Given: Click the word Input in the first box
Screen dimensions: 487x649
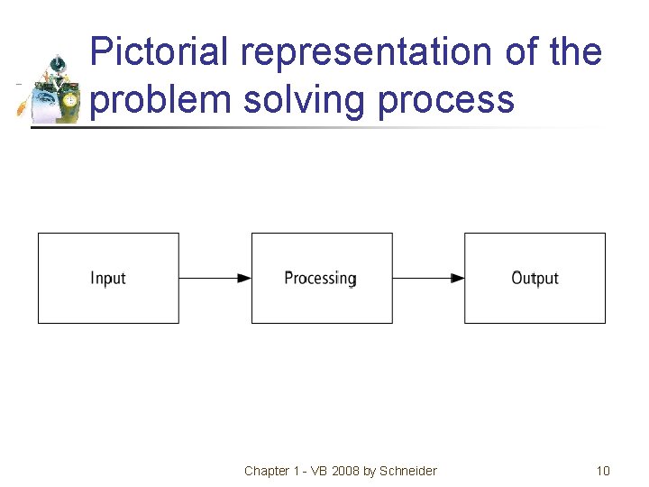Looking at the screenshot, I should (x=108, y=279).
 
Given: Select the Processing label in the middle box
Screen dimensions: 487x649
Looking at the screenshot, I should (x=320, y=279).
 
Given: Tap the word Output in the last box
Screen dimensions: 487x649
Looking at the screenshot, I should (x=535, y=279).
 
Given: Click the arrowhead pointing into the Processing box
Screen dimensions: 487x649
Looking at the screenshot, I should (x=244, y=279).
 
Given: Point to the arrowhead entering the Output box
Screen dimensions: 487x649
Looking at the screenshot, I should (x=458, y=279).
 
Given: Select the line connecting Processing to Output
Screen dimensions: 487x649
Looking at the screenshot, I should (x=424, y=279).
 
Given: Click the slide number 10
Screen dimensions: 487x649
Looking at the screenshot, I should (x=603, y=471).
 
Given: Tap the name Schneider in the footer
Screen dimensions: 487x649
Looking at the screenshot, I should (x=408, y=471).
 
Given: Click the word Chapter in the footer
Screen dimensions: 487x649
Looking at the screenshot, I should (x=267, y=471).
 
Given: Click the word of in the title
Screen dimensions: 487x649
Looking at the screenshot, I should (x=522, y=52).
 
